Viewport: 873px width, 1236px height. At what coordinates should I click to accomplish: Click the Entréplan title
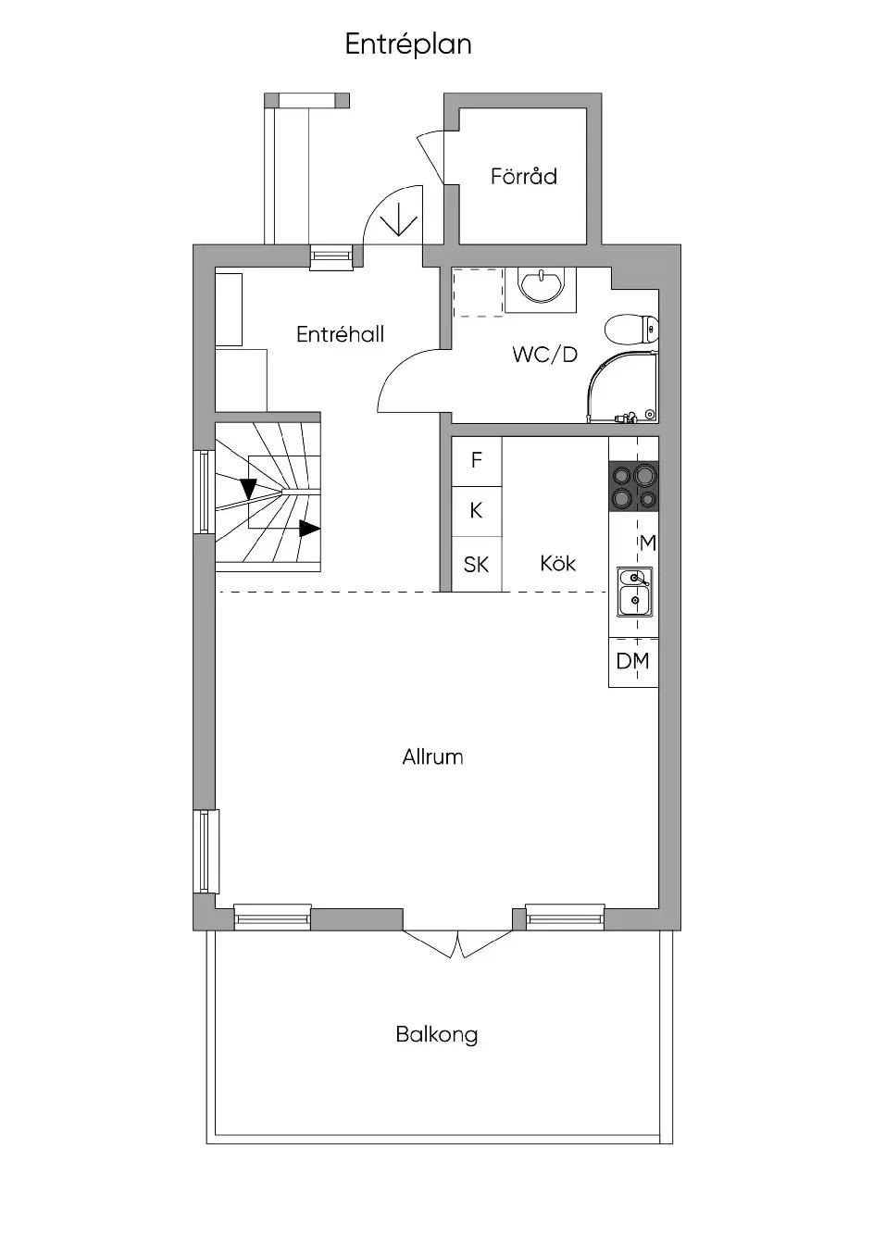[x=408, y=44]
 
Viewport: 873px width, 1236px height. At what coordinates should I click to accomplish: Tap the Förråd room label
[x=524, y=177]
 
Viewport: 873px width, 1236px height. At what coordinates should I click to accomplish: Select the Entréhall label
[x=340, y=334]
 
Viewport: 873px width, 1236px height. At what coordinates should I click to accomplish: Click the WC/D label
[x=544, y=355]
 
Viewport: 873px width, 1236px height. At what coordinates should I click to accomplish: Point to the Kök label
[x=558, y=563]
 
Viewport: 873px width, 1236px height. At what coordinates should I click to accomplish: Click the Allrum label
[x=432, y=756]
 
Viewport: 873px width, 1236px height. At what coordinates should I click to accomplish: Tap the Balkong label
[x=437, y=1034]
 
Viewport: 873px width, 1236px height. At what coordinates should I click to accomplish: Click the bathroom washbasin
[x=541, y=286]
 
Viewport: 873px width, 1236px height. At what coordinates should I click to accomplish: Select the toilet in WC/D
[x=631, y=330]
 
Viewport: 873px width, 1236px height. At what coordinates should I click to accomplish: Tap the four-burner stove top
[x=633, y=486]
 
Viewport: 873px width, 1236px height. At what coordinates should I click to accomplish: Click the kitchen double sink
[x=634, y=592]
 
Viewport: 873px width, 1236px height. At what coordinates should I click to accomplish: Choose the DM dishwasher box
[x=633, y=662]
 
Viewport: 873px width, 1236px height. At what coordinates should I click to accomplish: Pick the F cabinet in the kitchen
[x=477, y=461]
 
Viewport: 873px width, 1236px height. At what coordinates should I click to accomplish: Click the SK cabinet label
[x=476, y=565]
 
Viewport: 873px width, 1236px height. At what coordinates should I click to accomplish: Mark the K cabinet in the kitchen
[x=477, y=511]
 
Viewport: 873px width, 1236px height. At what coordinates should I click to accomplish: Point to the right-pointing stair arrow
[x=309, y=529]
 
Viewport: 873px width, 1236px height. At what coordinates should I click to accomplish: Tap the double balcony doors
[x=458, y=943]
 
